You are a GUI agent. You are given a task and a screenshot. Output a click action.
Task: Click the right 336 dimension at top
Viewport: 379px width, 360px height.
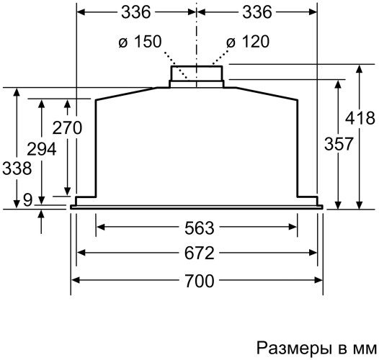pos(257,12)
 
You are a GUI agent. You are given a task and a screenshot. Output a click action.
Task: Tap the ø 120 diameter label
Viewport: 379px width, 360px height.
pos(247,42)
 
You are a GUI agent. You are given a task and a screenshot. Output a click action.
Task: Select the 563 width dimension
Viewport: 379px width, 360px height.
pos(199,228)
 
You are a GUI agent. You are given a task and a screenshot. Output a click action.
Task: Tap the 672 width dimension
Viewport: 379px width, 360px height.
pos(199,253)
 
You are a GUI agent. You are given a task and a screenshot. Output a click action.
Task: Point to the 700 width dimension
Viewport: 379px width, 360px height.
pos(199,281)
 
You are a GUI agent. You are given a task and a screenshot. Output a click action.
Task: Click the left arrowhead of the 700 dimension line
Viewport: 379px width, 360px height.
pos(75,281)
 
